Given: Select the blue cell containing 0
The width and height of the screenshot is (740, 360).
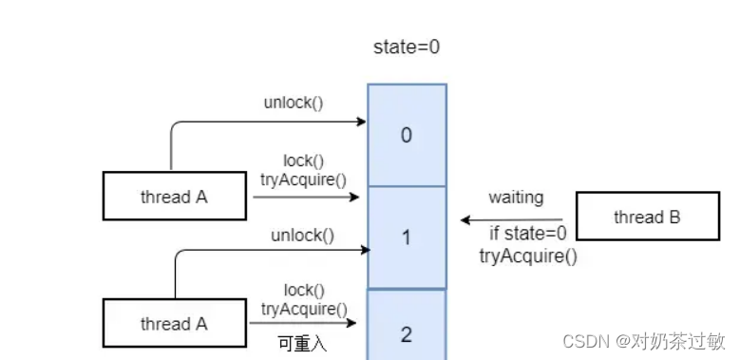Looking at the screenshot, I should [x=407, y=135].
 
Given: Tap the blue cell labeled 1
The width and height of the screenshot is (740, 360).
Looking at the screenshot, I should [x=407, y=237].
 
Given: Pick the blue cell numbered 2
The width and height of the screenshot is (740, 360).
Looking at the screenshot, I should [x=407, y=332].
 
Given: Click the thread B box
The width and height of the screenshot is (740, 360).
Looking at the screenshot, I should [x=646, y=218].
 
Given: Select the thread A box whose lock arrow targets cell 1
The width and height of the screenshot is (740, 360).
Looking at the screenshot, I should [x=174, y=198].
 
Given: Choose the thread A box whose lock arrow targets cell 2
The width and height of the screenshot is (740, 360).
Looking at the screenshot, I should [x=174, y=324].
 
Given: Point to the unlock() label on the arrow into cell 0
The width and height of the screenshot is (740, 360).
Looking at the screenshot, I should [x=294, y=102].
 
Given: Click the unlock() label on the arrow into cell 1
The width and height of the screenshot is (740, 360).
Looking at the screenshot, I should [x=302, y=235].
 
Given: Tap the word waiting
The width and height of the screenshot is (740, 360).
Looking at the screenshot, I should [x=516, y=198].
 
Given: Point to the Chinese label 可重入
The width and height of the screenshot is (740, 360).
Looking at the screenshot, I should [x=301, y=344].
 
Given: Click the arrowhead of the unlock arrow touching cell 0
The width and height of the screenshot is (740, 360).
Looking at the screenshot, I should [x=362, y=122].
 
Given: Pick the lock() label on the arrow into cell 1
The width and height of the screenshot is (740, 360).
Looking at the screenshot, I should [x=303, y=161].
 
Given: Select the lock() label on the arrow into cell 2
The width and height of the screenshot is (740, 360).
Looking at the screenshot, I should [x=303, y=290].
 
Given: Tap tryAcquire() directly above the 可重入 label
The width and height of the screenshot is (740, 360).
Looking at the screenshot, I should [x=304, y=308].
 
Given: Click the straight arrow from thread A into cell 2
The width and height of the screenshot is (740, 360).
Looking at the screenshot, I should [x=304, y=324].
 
